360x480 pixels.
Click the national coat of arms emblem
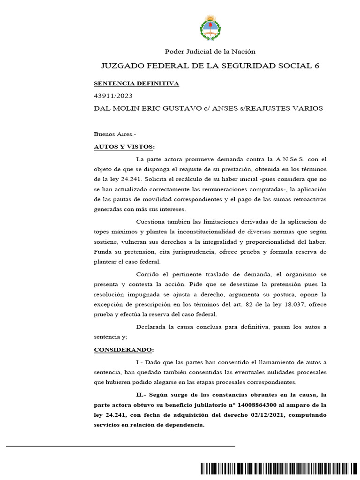[x=209, y=28]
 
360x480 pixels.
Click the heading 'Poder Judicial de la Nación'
[x=209, y=52]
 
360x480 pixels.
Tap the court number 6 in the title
[x=316, y=66]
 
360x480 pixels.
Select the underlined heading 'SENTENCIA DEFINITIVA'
[x=136, y=83]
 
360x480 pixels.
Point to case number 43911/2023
[x=113, y=96]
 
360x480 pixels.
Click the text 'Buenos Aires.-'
[x=114, y=134]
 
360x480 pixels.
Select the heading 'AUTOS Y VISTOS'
[x=123, y=146]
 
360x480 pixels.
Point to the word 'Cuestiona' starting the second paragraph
[x=150, y=221]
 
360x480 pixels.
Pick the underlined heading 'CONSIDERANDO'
[x=123, y=350]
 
